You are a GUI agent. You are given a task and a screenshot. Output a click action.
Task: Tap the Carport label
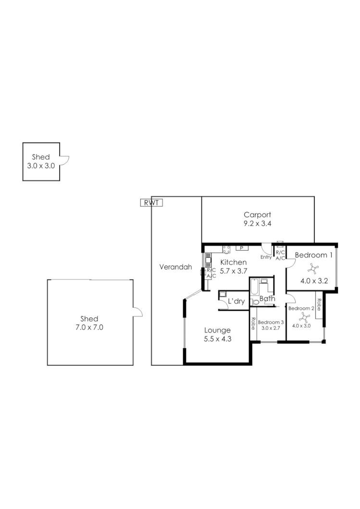point(257,215)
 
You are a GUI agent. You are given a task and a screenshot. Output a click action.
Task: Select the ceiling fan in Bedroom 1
point(313,269)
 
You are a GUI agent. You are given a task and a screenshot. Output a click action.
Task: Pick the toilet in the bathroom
point(255,302)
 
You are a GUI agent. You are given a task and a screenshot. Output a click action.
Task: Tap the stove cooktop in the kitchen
point(226,249)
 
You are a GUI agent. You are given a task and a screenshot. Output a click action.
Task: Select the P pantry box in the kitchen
point(241,248)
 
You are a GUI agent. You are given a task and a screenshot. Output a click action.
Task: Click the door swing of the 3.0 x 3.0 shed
point(65,160)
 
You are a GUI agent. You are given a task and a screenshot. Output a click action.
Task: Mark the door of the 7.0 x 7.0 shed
point(137,312)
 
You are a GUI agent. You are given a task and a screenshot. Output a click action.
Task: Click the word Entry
point(266,257)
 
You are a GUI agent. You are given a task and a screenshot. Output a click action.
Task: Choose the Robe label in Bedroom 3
point(253,324)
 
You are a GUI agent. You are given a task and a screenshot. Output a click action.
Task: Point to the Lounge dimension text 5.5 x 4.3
point(217,339)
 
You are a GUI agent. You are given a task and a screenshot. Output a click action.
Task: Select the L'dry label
point(236,301)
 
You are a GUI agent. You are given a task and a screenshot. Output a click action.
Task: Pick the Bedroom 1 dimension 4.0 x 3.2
point(314,281)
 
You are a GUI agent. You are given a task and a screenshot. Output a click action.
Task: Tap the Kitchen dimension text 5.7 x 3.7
point(233,271)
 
